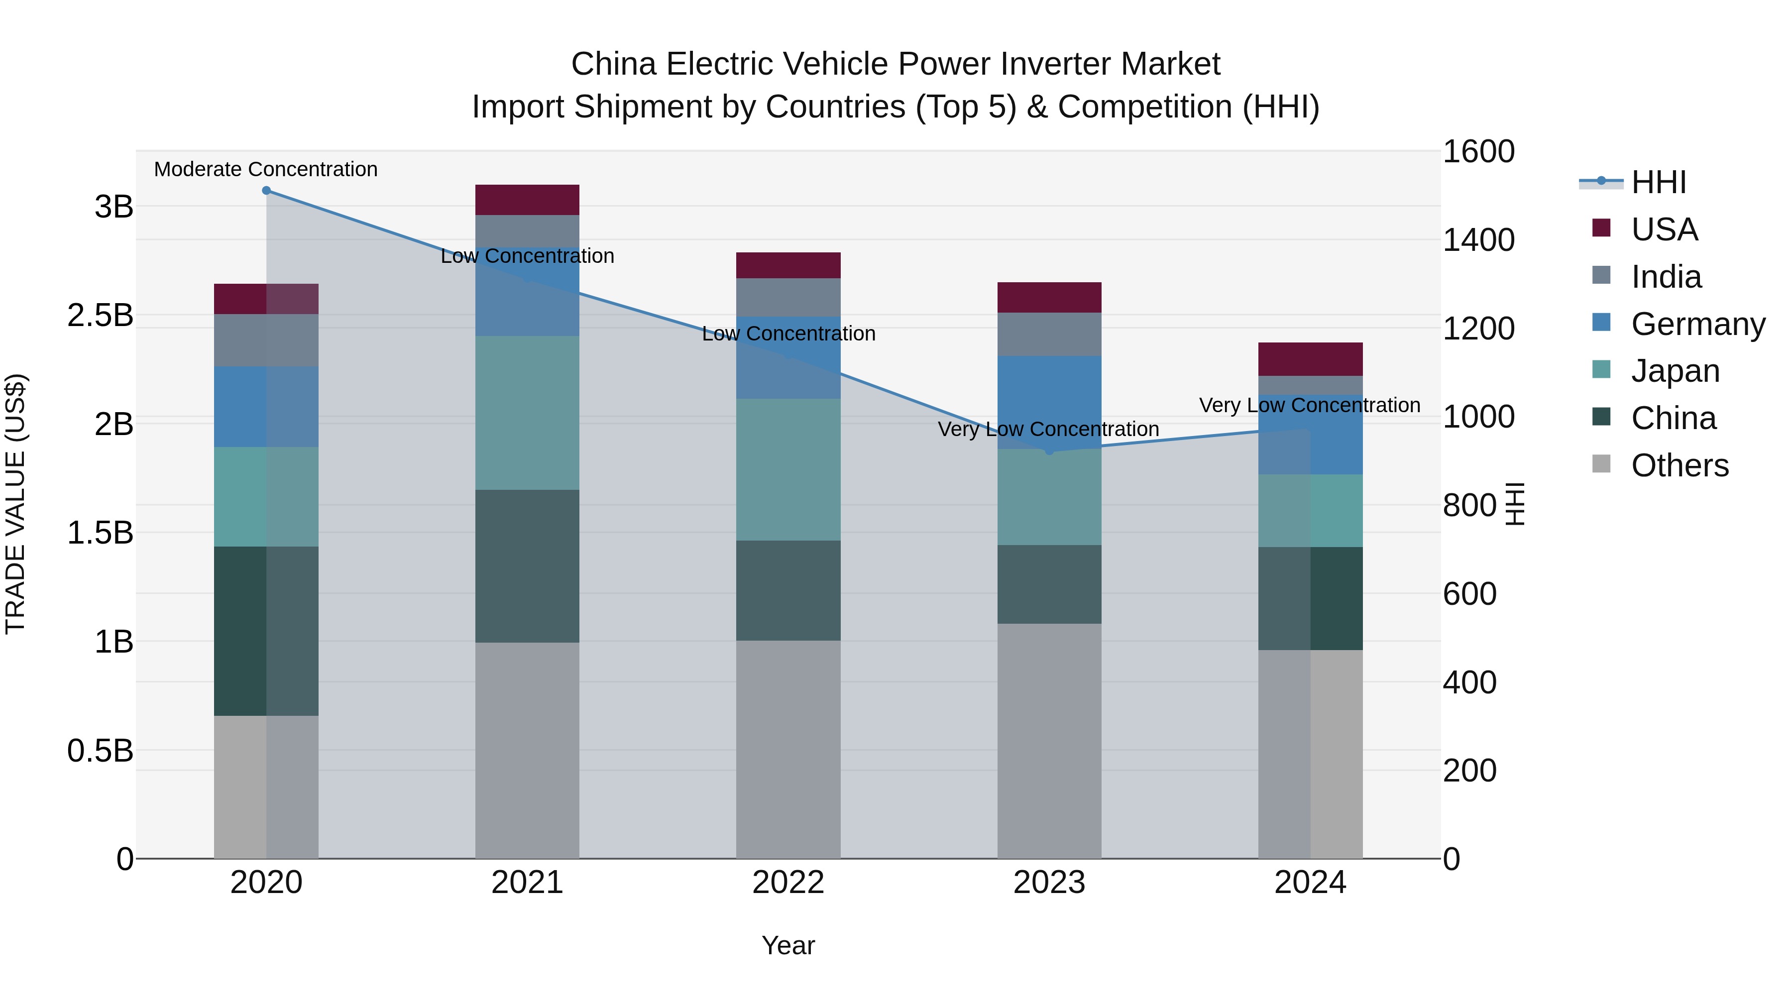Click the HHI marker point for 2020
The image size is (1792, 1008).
pyautogui.click(x=266, y=191)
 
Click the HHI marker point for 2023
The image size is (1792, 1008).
pyautogui.click(x=1049, y=451)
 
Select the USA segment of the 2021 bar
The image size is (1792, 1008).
pyautogui.click(x=527, y=200)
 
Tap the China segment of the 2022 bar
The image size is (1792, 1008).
pyautogui.click(x=788, y=590)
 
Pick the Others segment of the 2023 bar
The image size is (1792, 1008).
pyautogui.click(x=1049, y=740)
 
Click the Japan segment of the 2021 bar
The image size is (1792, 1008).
pyautogui.click(x=527, y=413)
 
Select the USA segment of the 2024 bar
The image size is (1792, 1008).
pyautogui.click(x=1310, y=359)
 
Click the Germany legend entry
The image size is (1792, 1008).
pyautogui.click(x=1697, y=324)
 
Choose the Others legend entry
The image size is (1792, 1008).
pyautogui.click(x=1680, y=465)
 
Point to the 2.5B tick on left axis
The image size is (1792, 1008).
pyautogui.click(x=100, y=315)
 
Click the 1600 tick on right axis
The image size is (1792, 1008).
pyautogui.click(x=1478, y=152)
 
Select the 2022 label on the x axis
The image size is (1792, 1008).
pyautogui.click(x=788, y=883)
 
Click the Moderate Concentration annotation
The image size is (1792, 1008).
pyautogui.click(x=266, y=169)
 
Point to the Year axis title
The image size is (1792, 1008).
pyautogui.click(x=788, y=945)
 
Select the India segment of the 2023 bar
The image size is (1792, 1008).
pyautogui.click(x=1049, y=334)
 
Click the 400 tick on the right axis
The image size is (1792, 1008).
pyautogui.click(x=1469, y=682)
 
